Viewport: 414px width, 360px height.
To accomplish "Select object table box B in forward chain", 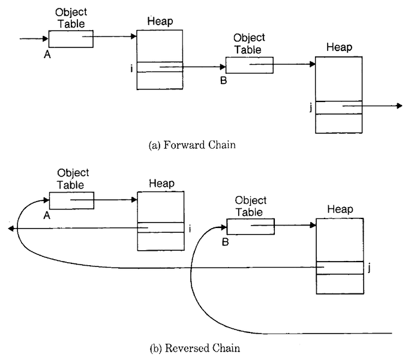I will pyautogui.click(x=249, y=65).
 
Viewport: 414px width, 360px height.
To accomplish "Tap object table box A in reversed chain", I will pyautogui.click(x=71, y=200).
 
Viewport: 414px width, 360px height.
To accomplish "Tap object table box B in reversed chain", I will pyautogui.click(x=251, y=226).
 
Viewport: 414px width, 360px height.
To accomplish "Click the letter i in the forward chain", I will pyautogui.click(x=131, y=68).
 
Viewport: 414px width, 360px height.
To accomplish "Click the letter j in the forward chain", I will pyautogui.click(x=310, y=107).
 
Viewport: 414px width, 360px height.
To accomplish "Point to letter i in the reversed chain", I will pyautogui.click(x=189, y=228).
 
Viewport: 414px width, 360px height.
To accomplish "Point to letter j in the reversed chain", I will pyautogui.click(x=369, y=268).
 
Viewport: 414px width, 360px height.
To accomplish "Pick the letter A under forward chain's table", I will pyautogui.click(x=46, y=54).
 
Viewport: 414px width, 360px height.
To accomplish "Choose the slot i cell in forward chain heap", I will pyautogui.click(x=160, y=67).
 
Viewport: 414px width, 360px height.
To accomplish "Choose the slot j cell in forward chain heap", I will pyautogui.click(x=339, y=107).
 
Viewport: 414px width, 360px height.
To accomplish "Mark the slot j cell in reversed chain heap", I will pyautogui.click(x=340, y=268).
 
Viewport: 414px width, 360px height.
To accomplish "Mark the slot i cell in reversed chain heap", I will pyautogui.click(x=160, y=227).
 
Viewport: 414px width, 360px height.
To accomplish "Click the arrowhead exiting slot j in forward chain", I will pyautogui.click(x=398, y=106).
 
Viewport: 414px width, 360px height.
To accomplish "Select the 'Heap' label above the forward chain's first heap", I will pyautogui.click(x=160, y=22).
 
